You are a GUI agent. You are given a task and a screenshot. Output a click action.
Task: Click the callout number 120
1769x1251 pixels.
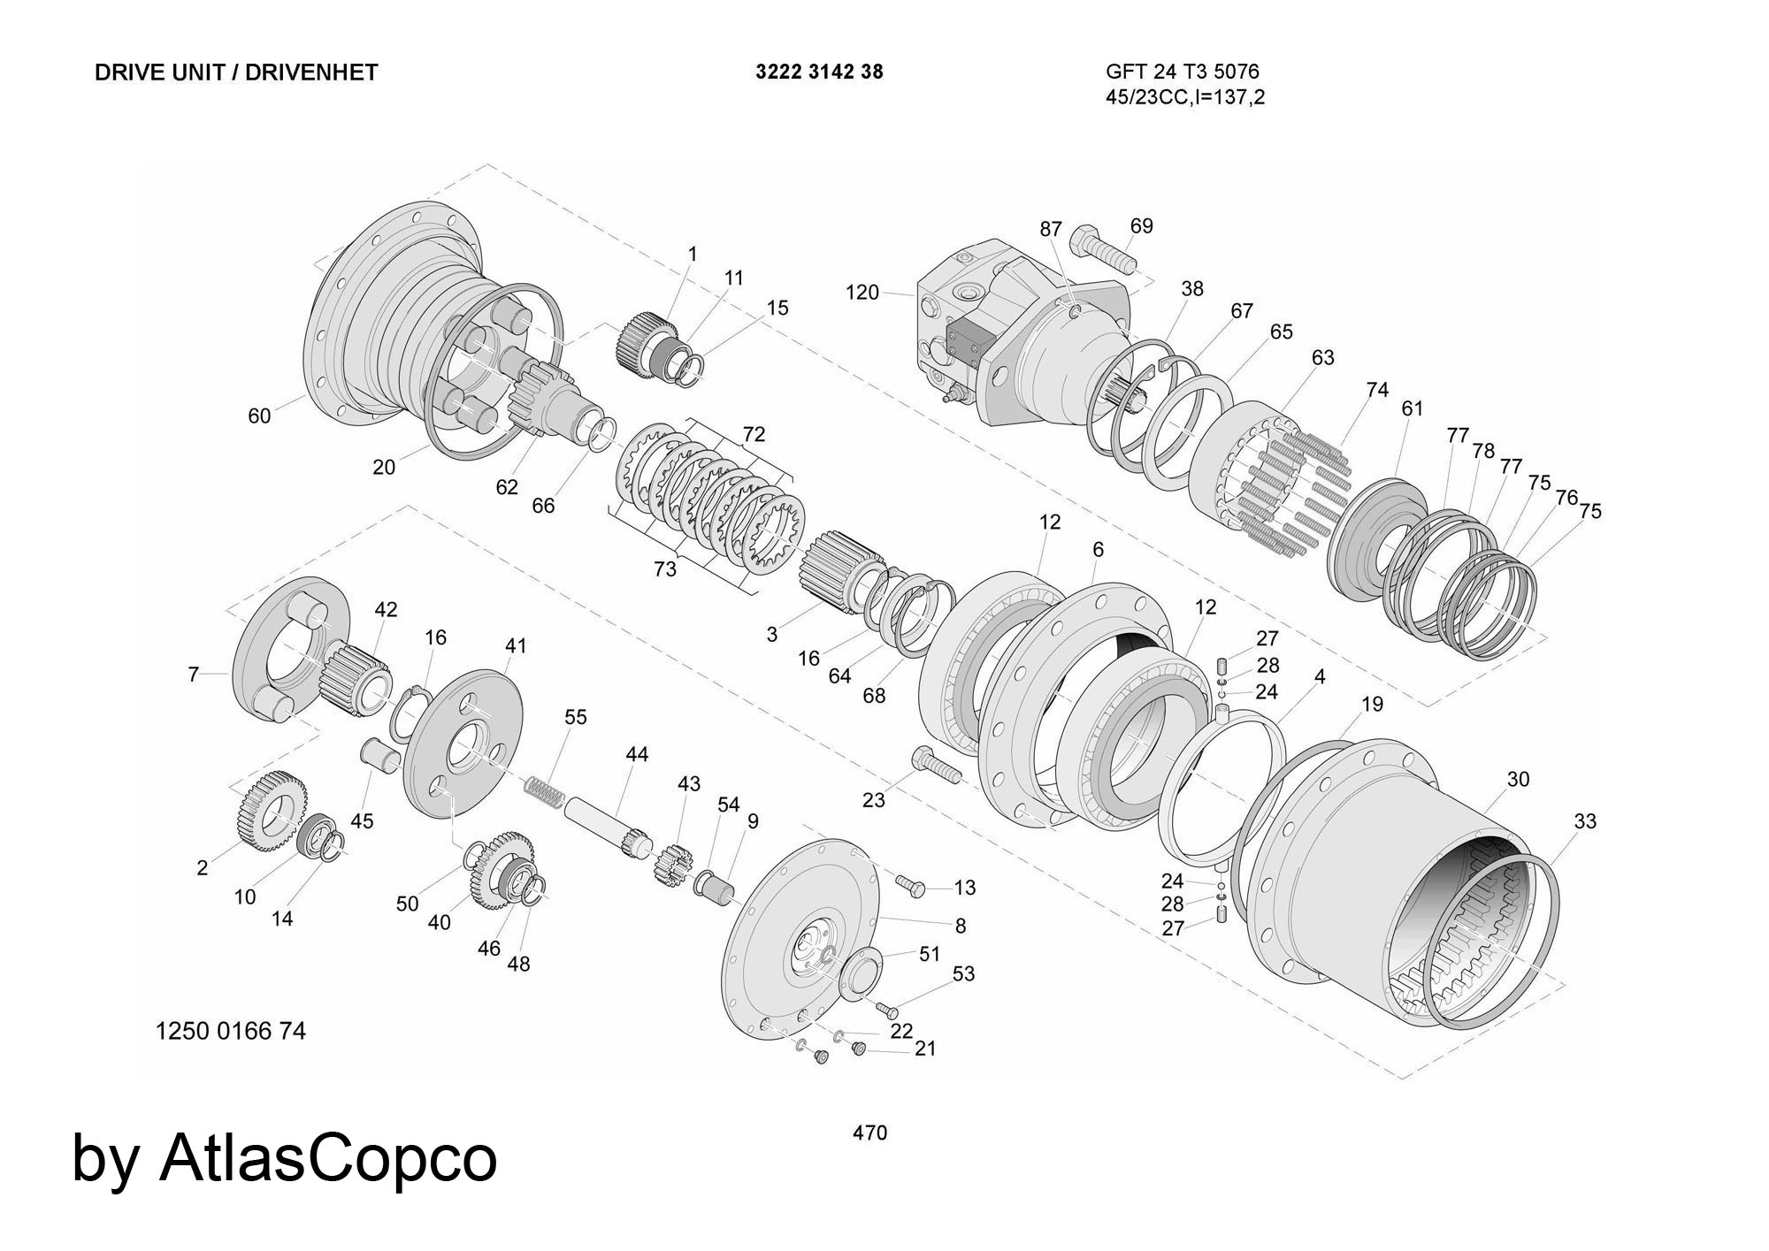(862, 292)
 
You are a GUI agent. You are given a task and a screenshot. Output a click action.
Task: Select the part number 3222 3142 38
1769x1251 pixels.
(819, 72)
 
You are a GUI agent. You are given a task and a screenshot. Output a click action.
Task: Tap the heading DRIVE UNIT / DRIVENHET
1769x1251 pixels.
(236, 72)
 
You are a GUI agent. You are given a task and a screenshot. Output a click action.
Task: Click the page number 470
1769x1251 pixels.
(869, 1133)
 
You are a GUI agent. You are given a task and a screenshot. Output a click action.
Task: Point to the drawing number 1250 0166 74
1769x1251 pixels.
(231, 1031)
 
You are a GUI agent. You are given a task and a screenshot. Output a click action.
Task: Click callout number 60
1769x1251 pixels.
(259, 415)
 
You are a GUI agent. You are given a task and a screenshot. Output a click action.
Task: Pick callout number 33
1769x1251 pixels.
(1585, 821)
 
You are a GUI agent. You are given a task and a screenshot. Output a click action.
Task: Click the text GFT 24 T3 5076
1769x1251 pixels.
(1182, 72)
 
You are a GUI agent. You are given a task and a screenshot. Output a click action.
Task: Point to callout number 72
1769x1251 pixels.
(754, 434)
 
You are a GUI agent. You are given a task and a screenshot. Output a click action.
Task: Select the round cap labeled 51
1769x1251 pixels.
(861, 973)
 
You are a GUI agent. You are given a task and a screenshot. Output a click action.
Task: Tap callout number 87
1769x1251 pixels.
(1050, 229)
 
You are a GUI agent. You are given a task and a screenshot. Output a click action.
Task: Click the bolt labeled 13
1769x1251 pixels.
(909, 883)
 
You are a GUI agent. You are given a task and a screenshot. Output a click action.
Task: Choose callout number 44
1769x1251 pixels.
(637, 754)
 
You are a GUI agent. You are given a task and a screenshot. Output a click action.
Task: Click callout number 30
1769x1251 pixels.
(1518, 779)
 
